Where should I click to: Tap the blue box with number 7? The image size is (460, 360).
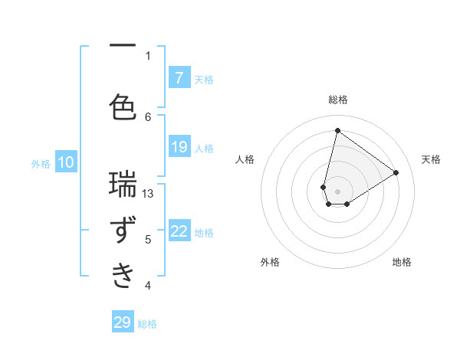coord(179,77)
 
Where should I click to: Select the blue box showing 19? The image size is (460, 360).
coord(179,147)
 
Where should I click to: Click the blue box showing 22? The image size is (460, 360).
coord(179,231)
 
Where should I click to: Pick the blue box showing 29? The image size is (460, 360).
coord(123,322)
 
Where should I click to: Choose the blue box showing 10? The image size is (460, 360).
coord(66,162)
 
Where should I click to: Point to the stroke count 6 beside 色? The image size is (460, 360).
coord(148,116)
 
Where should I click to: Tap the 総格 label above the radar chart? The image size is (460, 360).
coord(337,100)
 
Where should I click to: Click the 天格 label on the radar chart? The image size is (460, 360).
coord(431,159)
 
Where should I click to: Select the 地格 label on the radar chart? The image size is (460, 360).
coord(402,262)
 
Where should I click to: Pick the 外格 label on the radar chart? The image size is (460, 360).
coord(270,262)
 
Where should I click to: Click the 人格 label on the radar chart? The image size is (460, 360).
coord(245,159)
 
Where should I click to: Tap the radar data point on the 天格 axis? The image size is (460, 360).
coord(396,172)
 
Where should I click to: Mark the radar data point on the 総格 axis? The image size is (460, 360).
coord(337,130)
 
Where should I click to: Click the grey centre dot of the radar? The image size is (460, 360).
coord(337,191)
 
